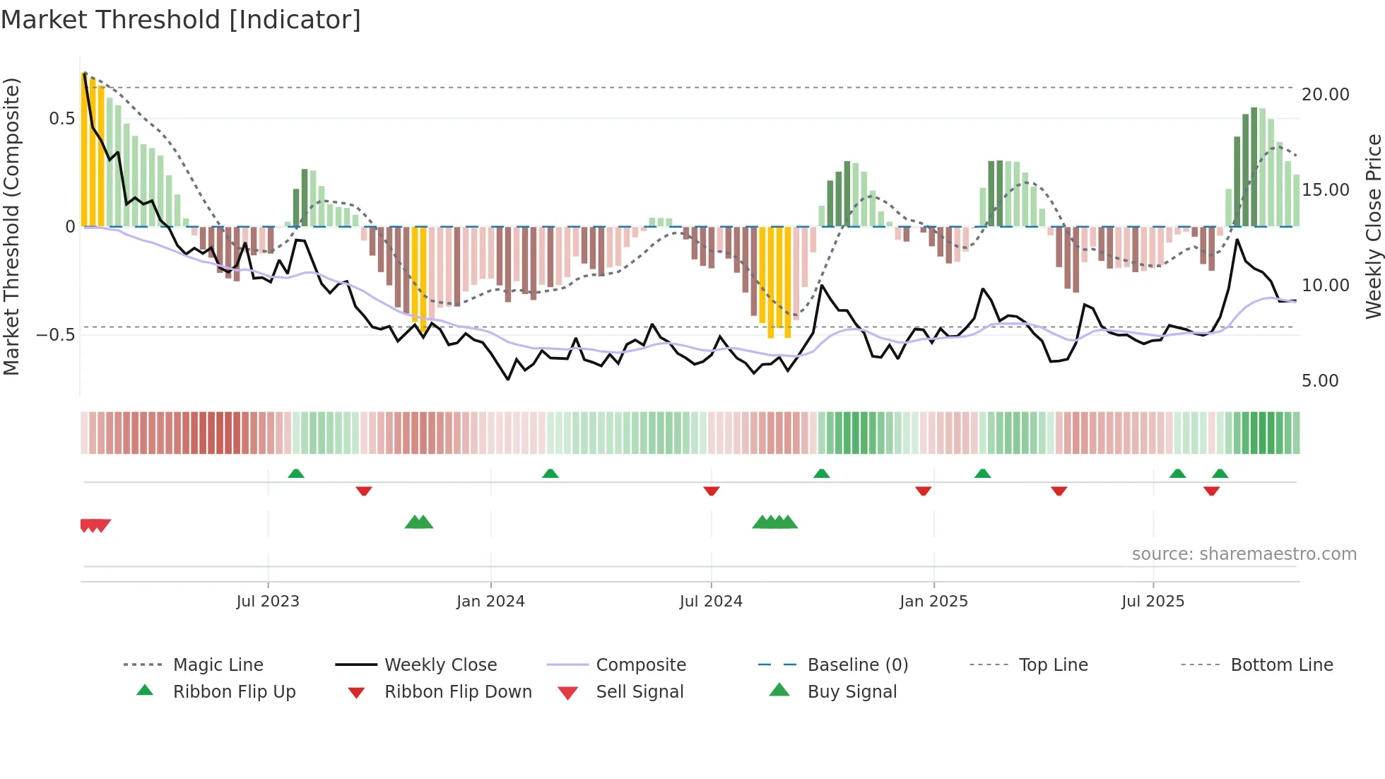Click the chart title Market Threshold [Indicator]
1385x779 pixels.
[x=181, y=20]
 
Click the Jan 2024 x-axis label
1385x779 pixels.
[x=490, y=601]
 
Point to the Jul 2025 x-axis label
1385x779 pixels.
[x=1153, y=601]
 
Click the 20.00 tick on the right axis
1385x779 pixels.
[x=1325, y=94]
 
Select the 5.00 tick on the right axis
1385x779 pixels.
[x=1320, y=380]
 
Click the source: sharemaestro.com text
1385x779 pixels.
[x=1244, y=553]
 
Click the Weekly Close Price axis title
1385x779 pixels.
[x=1373, y=226]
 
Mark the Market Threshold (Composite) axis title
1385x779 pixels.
[x=11, y=226]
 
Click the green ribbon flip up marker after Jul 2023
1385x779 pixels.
[x=296, y=473]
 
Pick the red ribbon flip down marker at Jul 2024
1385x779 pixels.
[x=712, y=491]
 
